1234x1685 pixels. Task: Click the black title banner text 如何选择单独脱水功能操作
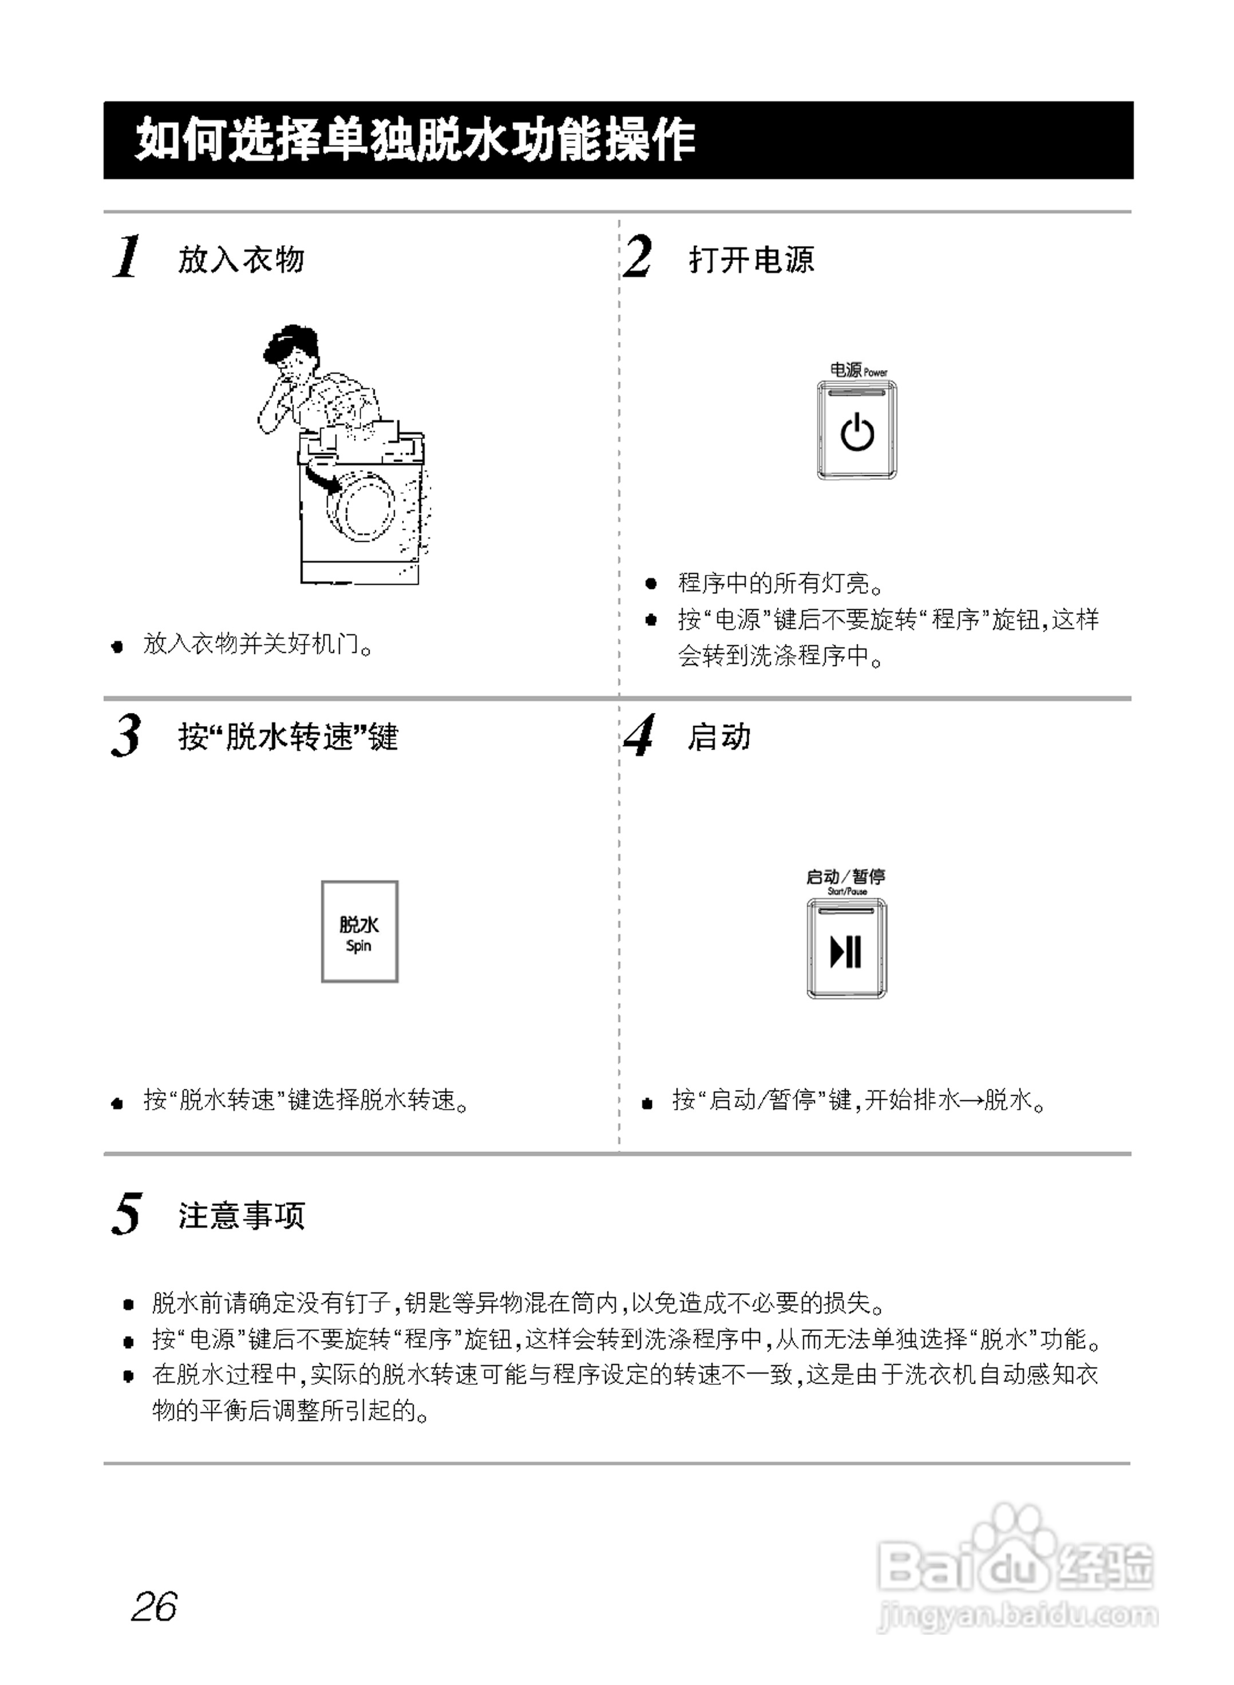click(x=416, y=140)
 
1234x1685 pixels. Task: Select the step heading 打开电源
click(x=751, y=260)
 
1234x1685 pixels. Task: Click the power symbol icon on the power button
click(x=857, y=433)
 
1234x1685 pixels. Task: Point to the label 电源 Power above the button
click(x=857, y=370)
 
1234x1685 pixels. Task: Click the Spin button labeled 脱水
click(x=359, y=931)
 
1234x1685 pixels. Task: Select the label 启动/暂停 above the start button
click(x=845, y=877)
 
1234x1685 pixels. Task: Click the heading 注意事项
click(x=242, y=1216)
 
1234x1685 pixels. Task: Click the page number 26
click(x=154, y=1606)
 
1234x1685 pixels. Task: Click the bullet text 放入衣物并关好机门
click(x=257, y=644)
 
